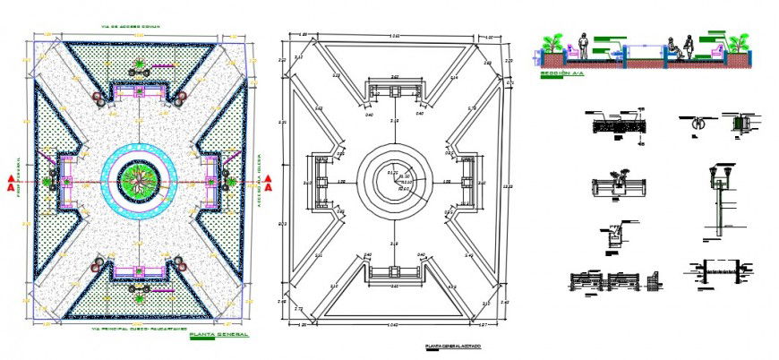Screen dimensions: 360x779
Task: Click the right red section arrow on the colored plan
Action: click(x=270, y=188)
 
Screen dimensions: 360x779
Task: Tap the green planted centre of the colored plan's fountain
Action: click(x=140, y=177)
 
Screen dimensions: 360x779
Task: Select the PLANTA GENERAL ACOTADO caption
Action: click(x=452, y=345)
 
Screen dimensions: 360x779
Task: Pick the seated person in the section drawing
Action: click(x=688, y=48)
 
